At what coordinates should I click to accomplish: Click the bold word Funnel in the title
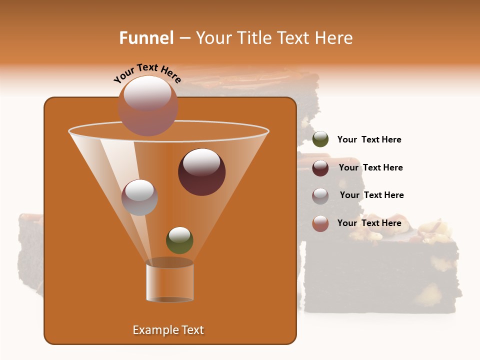(x=146, y=38)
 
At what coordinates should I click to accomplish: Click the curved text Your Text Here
(x=147, y=73)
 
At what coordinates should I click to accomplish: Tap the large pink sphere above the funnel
(x=147, y=105)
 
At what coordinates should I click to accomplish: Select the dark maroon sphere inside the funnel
(x=201, y=172)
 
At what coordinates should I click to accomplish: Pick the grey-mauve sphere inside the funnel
(x=139, y=197)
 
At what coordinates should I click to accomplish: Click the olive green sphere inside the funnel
(x=179, y=240)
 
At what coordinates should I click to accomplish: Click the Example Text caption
(x=168, y=330)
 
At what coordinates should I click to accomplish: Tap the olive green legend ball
(x=320, y=139)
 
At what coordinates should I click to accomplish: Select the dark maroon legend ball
(x=320, y=168)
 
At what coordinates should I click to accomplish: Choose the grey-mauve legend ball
(x=320, y=196)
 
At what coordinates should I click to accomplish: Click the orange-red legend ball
(x=320, y=223)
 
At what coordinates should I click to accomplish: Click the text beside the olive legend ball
(x=369, y=140)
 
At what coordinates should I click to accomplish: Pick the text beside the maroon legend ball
(x=370, y=167)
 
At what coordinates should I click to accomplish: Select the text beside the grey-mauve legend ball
(x=371, y=195)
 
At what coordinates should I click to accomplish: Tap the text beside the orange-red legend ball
(x=369, y=223)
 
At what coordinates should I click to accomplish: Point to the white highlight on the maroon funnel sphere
(x=201, y=162)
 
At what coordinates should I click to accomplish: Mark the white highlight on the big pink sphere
(x=147, y=93)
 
